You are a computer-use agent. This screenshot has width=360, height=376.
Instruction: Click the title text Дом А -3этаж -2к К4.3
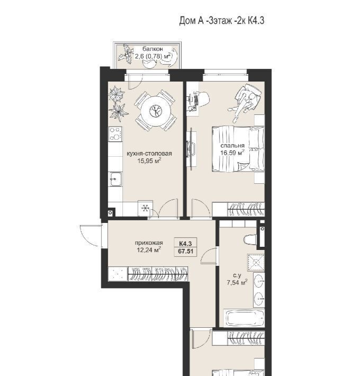(222, 21)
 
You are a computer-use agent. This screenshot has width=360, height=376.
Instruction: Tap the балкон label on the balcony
(152, 49)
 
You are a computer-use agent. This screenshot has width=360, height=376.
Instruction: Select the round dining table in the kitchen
(156, 111)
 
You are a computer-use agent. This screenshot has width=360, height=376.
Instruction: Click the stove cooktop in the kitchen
(115, 134)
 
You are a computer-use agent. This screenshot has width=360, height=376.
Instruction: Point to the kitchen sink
(115, 179)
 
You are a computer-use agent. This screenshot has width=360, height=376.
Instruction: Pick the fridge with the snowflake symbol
(145, 208)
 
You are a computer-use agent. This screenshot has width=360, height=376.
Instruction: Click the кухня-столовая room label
(149, 154)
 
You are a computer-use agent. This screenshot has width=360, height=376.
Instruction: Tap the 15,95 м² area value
(149, 160)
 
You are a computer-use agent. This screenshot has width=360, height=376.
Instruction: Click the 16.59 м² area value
(232, 153)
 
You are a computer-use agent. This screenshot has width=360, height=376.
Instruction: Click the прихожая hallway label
(149, 243)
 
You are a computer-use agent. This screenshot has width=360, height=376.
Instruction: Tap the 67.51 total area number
(186, 252)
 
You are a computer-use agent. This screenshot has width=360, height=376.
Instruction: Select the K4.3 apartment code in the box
(185, 244)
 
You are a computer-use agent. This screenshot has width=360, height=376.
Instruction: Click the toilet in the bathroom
(250, 239)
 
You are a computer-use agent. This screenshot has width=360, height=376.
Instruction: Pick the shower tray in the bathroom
(256, 263)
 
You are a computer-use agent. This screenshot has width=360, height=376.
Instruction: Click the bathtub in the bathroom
(244, 317)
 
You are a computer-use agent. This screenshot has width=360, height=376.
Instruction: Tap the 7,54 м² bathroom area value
(237, 282)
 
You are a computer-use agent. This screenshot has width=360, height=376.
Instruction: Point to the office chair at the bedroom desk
(203, 99)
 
